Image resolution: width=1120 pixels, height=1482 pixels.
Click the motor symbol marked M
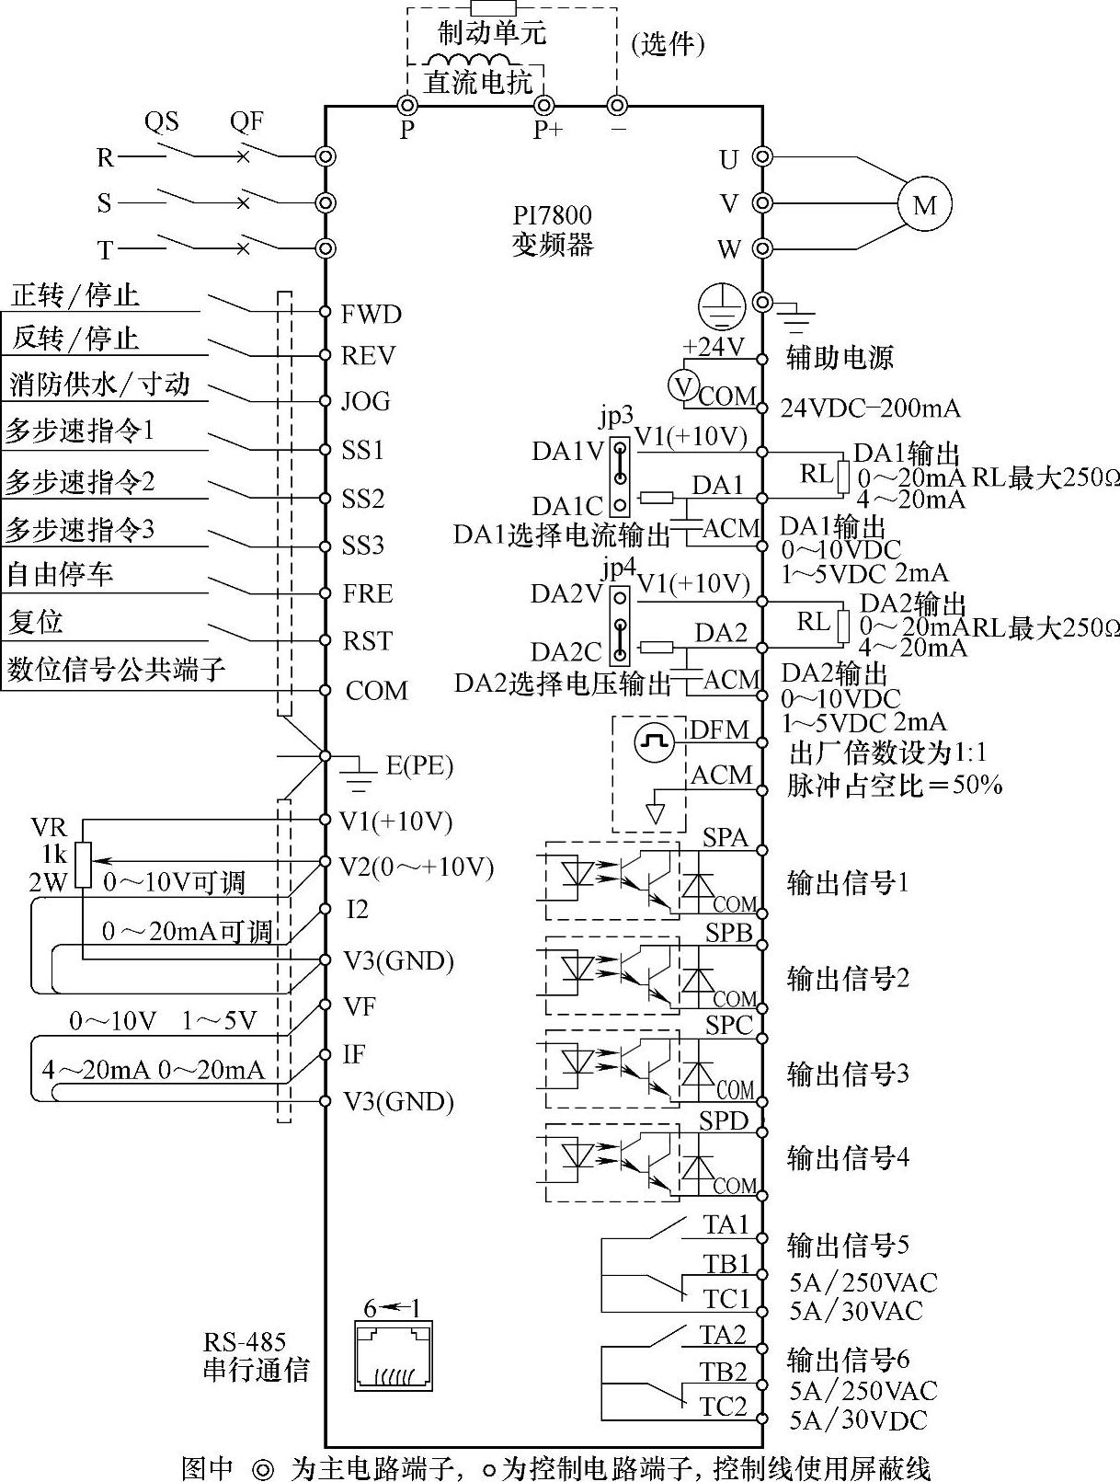point(924,204)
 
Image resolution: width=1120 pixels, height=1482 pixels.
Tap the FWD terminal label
point(371,315)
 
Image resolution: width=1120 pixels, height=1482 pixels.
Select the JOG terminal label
point(366,401)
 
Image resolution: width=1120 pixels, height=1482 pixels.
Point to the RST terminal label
point(368,640)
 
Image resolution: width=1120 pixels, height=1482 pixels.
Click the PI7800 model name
point(552,215)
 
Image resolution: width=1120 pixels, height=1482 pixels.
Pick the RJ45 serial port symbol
point(394,1356)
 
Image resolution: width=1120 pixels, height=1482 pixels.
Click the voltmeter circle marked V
point(682,385)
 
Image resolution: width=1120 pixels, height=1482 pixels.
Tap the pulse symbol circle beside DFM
point(654,741)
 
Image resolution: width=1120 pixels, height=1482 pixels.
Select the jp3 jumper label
point(617,416)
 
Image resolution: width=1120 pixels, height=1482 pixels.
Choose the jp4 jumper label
point(619,567)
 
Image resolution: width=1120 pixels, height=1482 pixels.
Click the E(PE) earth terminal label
point(419,765)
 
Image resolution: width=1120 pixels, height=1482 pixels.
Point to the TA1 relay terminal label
point(726,1224)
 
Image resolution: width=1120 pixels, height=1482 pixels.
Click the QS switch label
point(161,121)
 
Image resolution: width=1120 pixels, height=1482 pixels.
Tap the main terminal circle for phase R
point(325,157)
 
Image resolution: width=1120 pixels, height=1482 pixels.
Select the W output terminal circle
point(761,248)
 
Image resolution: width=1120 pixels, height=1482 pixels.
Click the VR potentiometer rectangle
point(84,864)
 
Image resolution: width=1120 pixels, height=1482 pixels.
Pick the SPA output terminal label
point(726,837)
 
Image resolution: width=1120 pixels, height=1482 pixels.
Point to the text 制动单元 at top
point(492,34)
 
